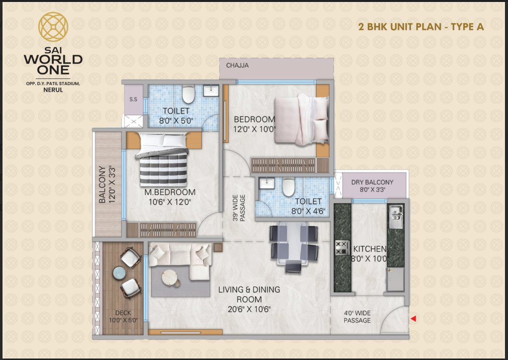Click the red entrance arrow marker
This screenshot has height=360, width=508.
click(x=414, y=318)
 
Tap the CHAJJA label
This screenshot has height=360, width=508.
click(x=237, y=65)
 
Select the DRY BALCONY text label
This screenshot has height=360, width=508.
click(x=372, y=182)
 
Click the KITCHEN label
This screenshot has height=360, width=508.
click(x=370, y=249)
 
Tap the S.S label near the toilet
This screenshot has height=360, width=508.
click(x=133, y=100)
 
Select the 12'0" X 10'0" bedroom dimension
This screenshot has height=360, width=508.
click(x=255, y=129)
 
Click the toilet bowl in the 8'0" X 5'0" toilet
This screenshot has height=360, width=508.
click(x=188, y=94)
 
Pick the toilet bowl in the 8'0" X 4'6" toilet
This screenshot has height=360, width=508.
click(x=288, y=188)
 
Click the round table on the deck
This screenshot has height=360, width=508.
click(x=120, y=273)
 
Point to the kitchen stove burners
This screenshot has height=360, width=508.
click(x=342, y=247)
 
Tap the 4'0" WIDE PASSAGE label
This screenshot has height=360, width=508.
click(x=357, y=316)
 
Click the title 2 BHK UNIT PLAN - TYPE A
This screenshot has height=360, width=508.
click(x=421, y=27)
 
